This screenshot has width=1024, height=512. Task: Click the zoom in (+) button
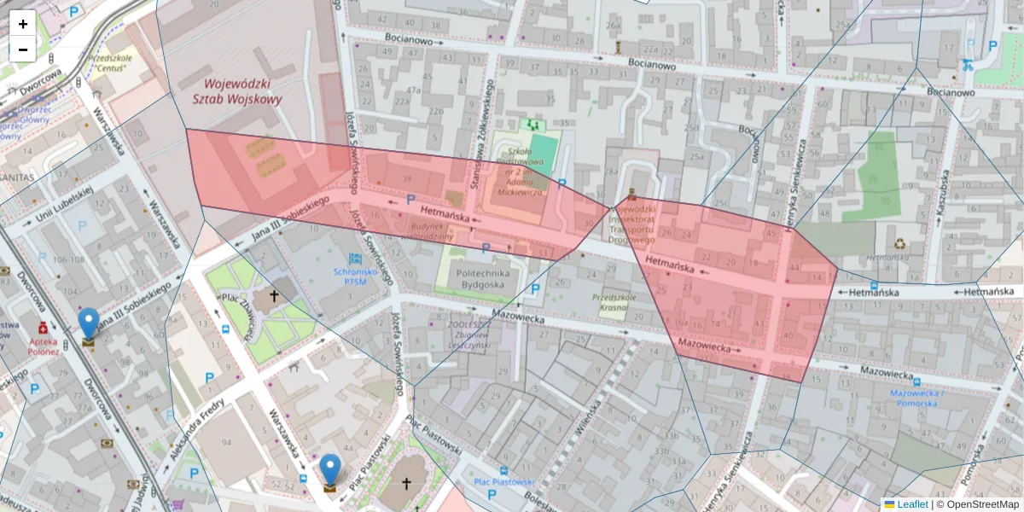23,24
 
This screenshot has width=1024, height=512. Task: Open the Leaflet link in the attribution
911,504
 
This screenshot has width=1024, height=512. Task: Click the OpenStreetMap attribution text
982,504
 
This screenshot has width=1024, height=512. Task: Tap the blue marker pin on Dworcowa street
88,323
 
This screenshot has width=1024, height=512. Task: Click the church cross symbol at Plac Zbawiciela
274,296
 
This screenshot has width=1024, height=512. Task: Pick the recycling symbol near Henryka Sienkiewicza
901,242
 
